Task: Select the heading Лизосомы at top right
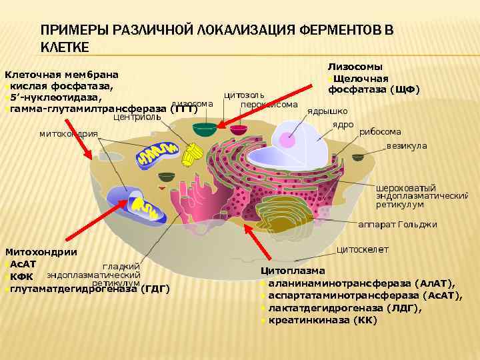tap(355, 67)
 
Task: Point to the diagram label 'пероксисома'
tap(269, 105)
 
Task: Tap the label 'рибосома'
tap(380, 132)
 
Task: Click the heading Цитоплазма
tap(293, 271)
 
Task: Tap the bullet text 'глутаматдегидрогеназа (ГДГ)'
tap(90, 288)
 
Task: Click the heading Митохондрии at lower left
tap(41, 251)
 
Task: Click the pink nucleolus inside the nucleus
tap(287, 140)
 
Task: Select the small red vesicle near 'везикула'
tap(358, 157)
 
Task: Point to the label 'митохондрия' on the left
tap(68, 134)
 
